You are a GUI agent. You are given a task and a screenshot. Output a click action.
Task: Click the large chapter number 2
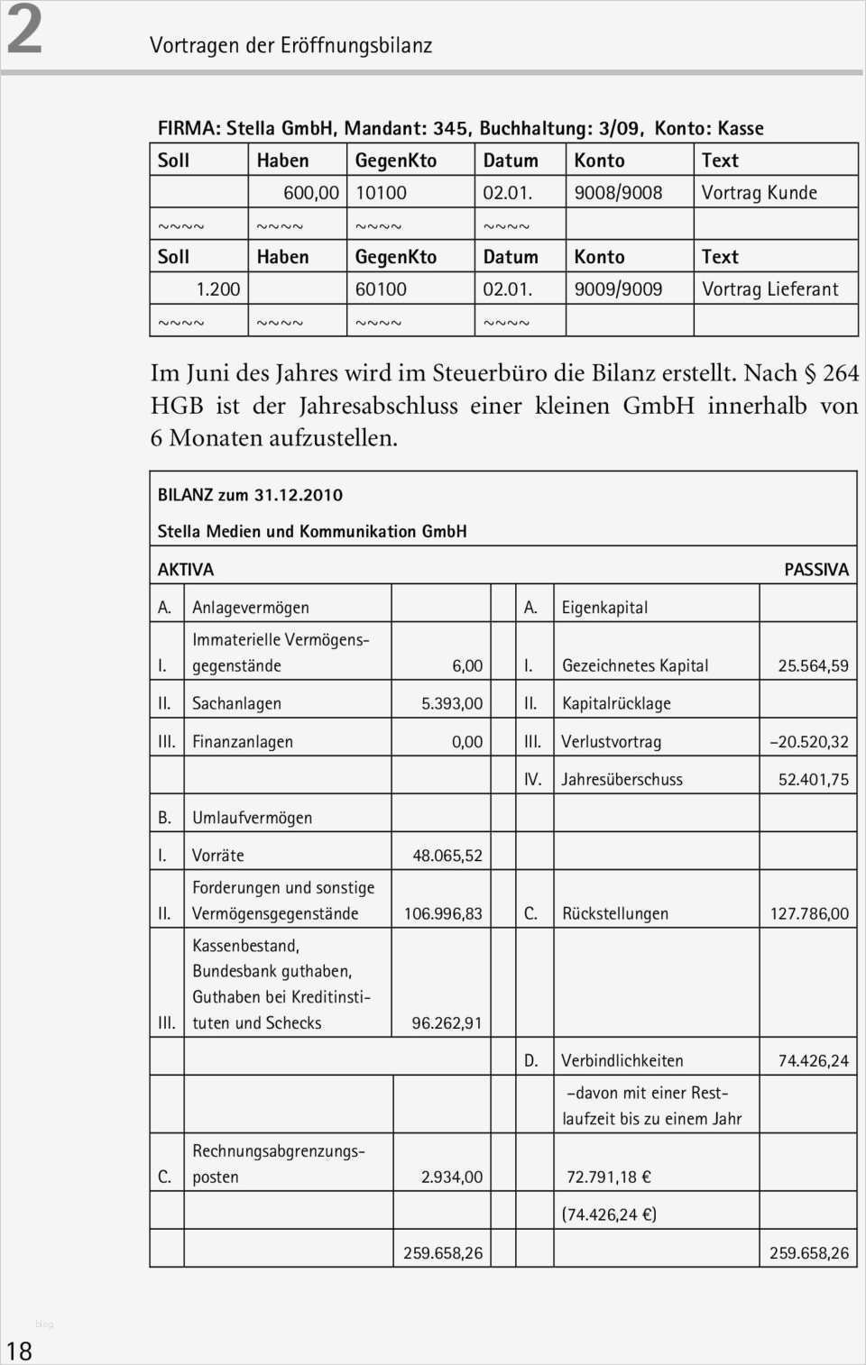point(24,30)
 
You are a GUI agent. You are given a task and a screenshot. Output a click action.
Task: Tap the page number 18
point(19,1351)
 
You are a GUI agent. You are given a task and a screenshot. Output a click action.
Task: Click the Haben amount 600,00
point(310,193)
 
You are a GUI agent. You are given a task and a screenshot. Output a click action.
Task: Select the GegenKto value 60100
point(381,289)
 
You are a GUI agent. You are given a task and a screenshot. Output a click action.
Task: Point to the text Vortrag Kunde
point(759,193)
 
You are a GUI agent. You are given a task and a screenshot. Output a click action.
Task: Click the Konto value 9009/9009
point(618,289)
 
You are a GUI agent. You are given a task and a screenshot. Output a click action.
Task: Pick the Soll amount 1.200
point(218,289)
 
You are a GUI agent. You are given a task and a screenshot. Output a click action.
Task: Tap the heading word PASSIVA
point(815,570)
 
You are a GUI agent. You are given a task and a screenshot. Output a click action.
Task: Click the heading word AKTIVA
point(186,570)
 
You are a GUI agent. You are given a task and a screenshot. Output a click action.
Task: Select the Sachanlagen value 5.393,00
point(452,703)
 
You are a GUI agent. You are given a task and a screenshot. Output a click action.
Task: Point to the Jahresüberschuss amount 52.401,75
point(813,780)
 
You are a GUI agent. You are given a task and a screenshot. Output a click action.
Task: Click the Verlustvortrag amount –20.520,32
point(808,742)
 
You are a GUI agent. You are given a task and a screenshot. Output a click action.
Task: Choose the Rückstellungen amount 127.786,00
point(808,913)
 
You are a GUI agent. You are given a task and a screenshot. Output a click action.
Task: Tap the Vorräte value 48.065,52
point(447,856)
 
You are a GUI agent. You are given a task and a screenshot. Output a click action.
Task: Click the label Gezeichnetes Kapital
point(634,666)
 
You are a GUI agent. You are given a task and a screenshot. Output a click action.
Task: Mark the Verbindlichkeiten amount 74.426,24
point(813,1061)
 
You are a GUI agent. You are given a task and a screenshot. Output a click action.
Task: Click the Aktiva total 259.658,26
point(442,1253)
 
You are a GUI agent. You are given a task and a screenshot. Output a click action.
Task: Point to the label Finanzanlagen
point(243,742)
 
